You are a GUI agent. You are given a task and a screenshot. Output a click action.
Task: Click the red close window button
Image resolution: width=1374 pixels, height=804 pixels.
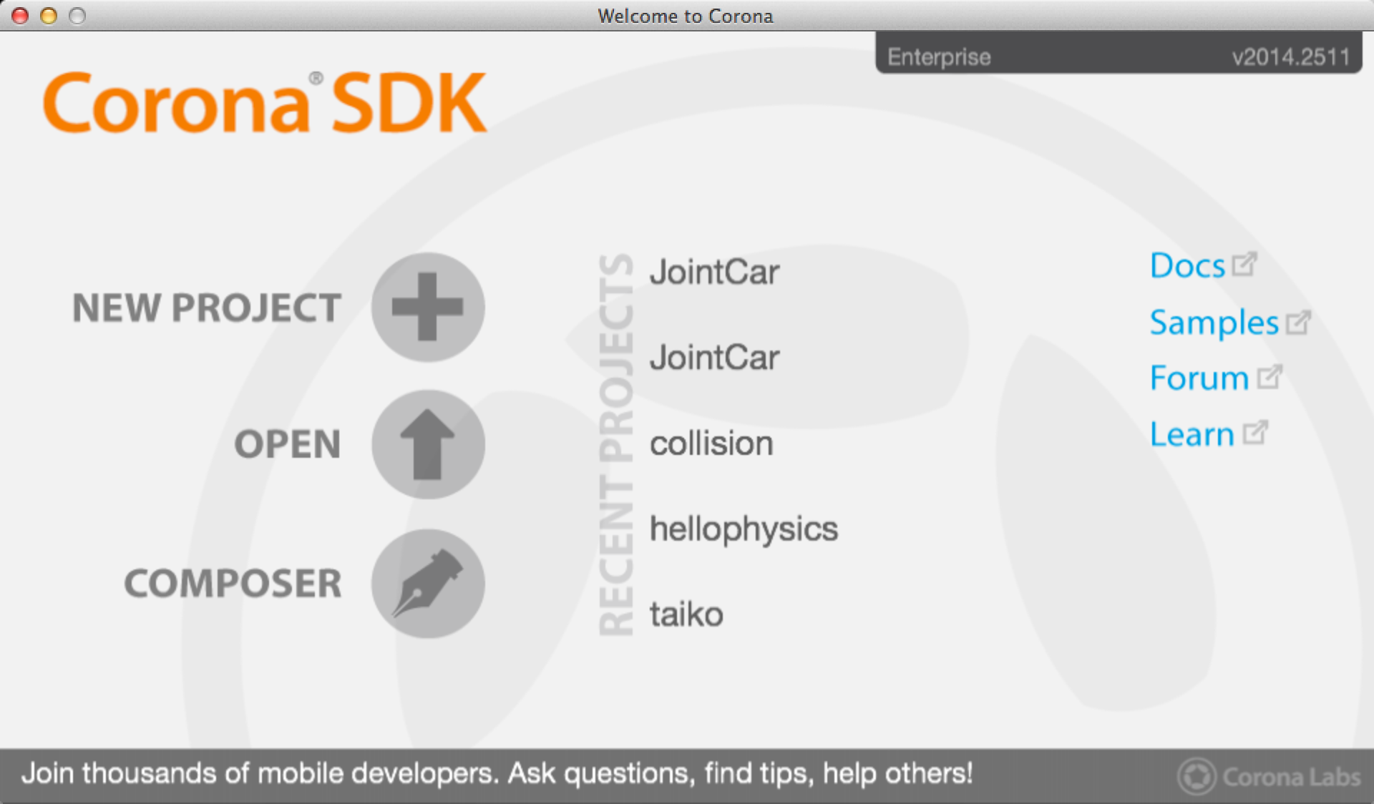pyautogui.click(x=20, y=16)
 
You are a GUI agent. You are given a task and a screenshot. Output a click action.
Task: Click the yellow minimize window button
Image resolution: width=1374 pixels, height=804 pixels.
pyautogui.click(x=49, y=16)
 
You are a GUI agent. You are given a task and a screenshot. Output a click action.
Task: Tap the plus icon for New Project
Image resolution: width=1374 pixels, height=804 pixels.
pyautogui.click(x=428, y=307)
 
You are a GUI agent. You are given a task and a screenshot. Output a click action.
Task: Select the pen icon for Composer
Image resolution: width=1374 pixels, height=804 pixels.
pyautogui.click(x=428, y=583)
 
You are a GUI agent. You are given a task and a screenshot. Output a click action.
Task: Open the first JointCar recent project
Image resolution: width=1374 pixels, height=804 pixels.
pyautogui.click(x=714, y=273)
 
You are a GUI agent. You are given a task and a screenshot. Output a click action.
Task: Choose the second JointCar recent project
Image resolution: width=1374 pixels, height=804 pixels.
pyautogui.click(x=714, y=358)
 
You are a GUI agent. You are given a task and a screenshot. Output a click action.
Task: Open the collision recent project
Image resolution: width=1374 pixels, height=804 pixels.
pyautogui.click(x=711, y=443)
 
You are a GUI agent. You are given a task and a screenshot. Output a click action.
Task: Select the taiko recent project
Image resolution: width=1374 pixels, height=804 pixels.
pyautogui.click(x=686, y=614)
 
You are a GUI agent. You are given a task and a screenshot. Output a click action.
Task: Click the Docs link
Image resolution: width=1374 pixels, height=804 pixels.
pyautogui.click(x=1203, y=266)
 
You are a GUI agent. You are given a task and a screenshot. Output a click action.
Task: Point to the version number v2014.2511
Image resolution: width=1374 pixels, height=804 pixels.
pyautogui.click(x=1291, y=57)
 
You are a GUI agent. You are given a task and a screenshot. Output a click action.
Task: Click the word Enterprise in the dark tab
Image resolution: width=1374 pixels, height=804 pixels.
pyautogui.click(x=939, y=57)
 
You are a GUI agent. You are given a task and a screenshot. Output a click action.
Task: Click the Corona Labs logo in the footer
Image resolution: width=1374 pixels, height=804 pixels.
pyautogui.click(x=1269, y=776)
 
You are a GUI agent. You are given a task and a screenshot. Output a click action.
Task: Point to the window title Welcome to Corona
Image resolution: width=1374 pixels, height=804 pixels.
pyautogui.click(x=686, y=16)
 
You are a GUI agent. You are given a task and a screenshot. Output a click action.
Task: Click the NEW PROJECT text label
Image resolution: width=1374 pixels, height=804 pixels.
pyautogui.click(x=207, y=308)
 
